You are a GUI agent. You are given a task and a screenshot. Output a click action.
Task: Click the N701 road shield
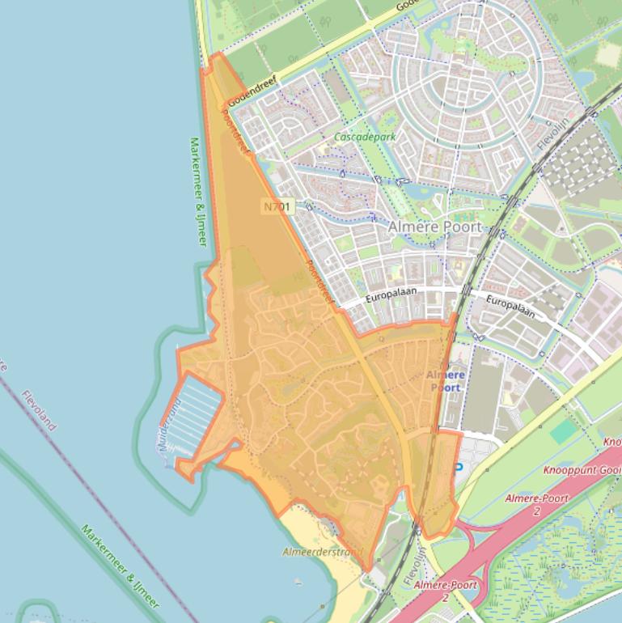(277, 207)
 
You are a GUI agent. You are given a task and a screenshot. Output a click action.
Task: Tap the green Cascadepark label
(366, 138)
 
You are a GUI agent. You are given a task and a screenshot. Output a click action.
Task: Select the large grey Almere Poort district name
(434, 227)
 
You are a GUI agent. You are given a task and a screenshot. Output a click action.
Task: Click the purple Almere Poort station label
(446, 381)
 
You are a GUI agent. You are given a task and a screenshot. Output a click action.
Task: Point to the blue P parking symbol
(459, 468)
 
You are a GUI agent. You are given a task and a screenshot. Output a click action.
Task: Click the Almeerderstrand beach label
(323, 553)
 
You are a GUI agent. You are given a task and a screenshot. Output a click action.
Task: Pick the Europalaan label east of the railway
(510, 306)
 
